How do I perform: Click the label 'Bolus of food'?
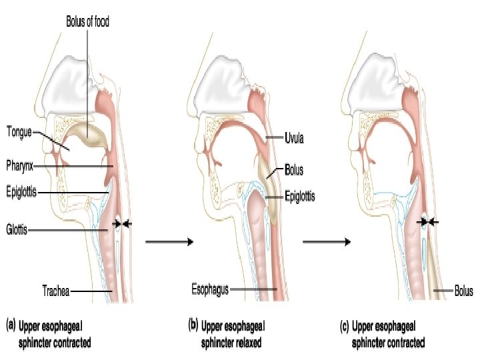pyautogui.click(x=87, y=21)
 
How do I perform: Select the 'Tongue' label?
pyautogui.click(x=20, y=131)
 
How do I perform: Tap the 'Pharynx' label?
pyautogui.click(x=21, y=163)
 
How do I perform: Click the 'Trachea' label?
pyautogui.click(x=55, y=291)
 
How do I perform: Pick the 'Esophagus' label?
pyautogui.click(x=210, y=289)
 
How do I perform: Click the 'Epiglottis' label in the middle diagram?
pyautogui.click(x=299, y=196)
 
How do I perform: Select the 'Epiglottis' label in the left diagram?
pyautogui.click(x=22, y=192)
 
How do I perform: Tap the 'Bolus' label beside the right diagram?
pyautogui.click(x=463, y=291)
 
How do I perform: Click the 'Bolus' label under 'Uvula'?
pyautogui.click(x=294, y=170)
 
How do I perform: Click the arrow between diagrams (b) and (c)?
pyautogui.click(x=326, y=242)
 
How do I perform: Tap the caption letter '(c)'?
pyautogui.click(x=344, y=326)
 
